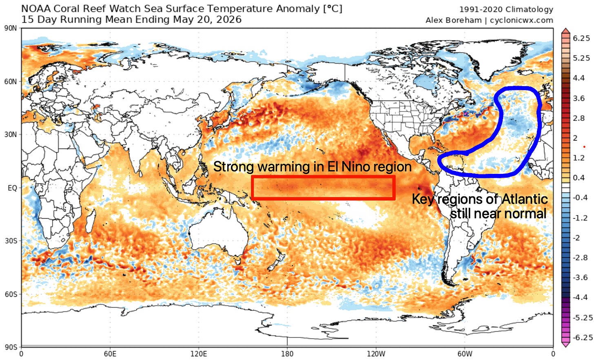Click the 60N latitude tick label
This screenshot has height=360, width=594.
pos(10,82)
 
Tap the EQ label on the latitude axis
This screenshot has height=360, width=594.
pos(12,188)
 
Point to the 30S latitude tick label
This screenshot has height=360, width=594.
pos(11,241)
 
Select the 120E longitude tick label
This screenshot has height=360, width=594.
pos(199,354)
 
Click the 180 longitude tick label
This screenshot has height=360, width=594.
pos(287,354)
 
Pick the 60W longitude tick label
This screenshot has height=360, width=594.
pos(465,354)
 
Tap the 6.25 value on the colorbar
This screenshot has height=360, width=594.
pos(581,38)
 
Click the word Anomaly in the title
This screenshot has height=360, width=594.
pos(298,9)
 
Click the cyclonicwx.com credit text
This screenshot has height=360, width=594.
pos(521,20)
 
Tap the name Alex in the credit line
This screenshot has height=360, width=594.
pos(435,20)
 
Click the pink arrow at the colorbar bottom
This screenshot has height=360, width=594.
pos(565,344)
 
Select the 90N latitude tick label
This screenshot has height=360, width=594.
pos(10,29)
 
